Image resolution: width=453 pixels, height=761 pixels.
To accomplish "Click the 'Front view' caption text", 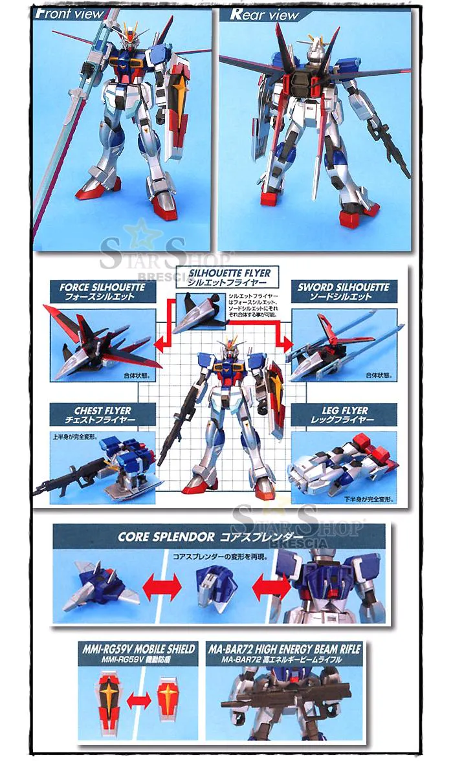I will [x=69, y=14].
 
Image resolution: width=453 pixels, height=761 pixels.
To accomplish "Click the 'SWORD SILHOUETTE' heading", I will [x=343, y=287].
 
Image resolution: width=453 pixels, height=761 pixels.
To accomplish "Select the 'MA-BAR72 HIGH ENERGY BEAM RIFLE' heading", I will [x=283, y=648].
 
